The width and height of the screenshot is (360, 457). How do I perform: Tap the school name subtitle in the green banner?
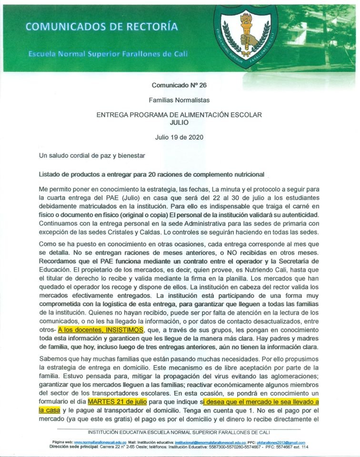tap(108, 54)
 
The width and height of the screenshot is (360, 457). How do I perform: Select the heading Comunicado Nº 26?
tap(179, 86)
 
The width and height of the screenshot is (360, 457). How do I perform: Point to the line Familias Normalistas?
tap(179, 100)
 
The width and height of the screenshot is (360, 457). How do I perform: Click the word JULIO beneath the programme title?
tap(179, 122)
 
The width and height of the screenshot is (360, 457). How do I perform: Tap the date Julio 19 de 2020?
tap(179, 137)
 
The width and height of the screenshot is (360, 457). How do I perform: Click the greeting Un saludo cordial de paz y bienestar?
tap(91, 155)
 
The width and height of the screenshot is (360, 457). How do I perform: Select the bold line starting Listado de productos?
tap(151, 174)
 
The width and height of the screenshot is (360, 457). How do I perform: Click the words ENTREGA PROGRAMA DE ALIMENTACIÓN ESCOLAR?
tap(179, 115)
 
